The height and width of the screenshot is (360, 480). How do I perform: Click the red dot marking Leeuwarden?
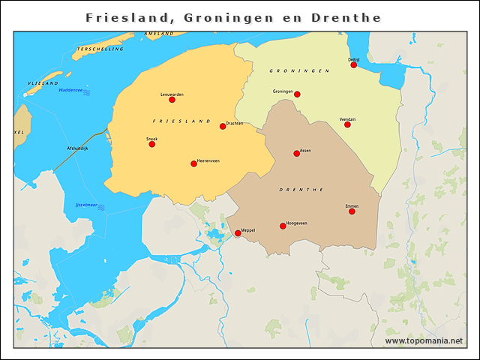click(172, 100)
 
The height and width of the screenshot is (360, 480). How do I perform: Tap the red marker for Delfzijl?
click(354, 64)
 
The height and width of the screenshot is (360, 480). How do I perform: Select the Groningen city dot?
click(297, 94)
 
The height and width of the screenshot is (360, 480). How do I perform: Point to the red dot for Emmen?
click(352, 211)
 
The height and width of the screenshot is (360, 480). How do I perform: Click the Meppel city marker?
click(238, 233)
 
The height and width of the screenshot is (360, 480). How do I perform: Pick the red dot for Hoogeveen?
click(283, 226)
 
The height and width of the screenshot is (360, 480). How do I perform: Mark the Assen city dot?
click(297, 154)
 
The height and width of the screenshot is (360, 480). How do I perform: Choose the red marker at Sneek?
click(152, 144)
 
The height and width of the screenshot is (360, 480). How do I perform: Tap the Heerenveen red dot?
click(193, 163)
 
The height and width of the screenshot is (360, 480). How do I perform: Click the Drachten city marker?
click(223, 126)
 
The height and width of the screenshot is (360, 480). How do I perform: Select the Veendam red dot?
click(347, 124)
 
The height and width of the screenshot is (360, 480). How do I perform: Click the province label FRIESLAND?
click(181, 121)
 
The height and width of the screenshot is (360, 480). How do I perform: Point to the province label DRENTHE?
click(301, 190)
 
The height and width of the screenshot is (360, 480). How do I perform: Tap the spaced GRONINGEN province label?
click(300, 70)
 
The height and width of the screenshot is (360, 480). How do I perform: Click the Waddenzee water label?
click(71, 91)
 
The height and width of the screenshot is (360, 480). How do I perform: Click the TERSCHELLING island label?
click(99, 49)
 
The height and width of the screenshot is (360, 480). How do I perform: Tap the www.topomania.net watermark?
click(424, 340)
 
